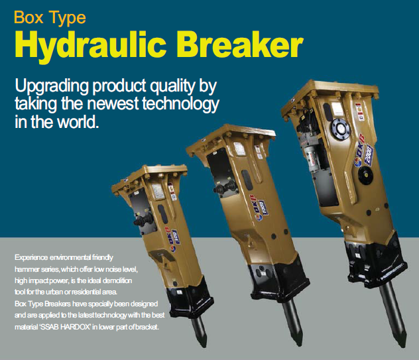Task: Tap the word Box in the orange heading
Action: (29, 17)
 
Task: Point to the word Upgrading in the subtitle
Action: (52, 87)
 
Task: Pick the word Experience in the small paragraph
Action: (31, 258)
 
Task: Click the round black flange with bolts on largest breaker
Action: (340, 129)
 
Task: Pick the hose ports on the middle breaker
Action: (225, 188)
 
